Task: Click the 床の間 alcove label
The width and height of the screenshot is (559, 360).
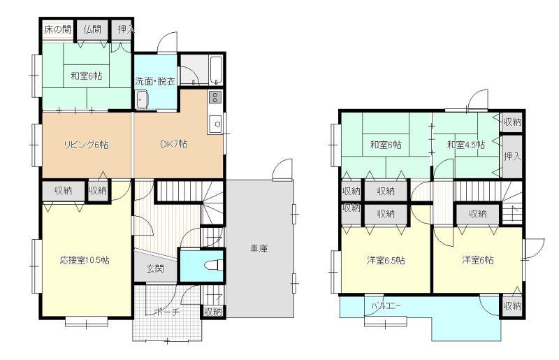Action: click(x=57, y=29)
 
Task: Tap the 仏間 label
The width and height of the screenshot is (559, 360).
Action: click(x=92, y=29)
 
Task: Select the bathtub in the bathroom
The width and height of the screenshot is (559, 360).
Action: click(x=216, y=70)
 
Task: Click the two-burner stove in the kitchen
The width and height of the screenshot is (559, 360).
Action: click(x=215, y=96)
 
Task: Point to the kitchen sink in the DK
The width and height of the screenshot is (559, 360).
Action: click(x=216, y=124)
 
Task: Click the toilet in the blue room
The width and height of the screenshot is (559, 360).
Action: click(x=215, y=266)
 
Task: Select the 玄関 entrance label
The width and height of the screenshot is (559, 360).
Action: click(x=155, y=268)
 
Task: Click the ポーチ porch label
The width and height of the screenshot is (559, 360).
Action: click(x=166, y=312)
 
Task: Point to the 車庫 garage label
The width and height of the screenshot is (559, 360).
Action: click(x=259, y=248)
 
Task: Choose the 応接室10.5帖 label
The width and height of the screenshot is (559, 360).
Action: click(x=85, y=260)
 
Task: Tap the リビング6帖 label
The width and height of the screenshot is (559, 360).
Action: click(x=86, y=145)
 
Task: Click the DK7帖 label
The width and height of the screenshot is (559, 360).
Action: click(x=173, y=144)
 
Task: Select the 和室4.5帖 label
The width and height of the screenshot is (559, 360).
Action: click(x=466, y=145)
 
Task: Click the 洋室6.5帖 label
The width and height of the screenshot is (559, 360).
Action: click(x=386, y=260)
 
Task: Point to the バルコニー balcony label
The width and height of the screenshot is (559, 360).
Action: click(x=386, y=305)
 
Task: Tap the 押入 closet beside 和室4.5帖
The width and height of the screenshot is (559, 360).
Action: click(x=512, y=156)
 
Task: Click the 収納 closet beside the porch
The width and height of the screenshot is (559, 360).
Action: click(x=213, y=311)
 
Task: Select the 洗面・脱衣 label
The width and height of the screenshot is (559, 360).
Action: click(x=155, y=81)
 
